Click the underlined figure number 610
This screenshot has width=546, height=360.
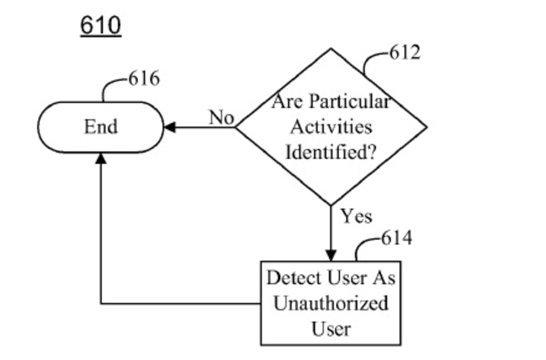101,26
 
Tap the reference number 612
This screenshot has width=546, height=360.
404,52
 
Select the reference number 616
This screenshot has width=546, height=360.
144,79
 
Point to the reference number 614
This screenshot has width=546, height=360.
396,238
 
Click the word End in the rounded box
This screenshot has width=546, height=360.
101,127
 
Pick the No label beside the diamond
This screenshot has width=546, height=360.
221,118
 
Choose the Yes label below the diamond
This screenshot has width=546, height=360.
356,216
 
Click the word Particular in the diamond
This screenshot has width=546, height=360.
349,102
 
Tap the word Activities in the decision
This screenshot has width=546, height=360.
331,127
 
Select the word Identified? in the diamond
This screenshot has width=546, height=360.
331,152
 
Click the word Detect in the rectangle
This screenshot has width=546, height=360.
293,278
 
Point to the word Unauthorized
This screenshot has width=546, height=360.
331,303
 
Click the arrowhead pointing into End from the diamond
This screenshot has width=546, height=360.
169,127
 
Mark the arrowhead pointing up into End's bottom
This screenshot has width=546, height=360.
101,158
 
